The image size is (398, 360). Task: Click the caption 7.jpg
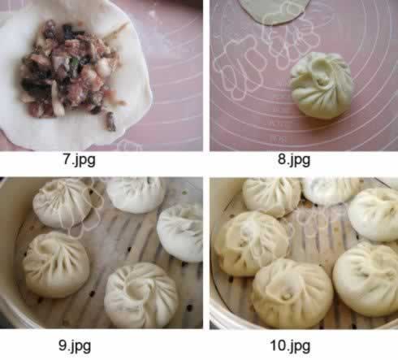tap(79, 160)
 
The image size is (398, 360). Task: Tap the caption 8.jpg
tap(294, 159)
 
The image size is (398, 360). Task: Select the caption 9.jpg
tap(75, 346)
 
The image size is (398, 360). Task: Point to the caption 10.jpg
tap(290, 346)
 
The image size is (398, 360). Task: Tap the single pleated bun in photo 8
tap(322, 85)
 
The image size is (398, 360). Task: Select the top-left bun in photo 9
tap(63, 202)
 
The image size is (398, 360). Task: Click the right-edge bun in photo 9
tap(180, 233)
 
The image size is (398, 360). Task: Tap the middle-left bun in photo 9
tap(56, 264)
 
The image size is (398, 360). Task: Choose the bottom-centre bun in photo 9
tap(141, 295)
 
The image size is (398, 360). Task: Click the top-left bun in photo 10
tap(270, 196)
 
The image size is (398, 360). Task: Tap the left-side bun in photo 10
tap(251, 244)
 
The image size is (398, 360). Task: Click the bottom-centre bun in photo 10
tap(292, 293)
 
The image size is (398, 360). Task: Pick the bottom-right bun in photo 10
tap(366, 279)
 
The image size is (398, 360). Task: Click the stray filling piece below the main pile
tap(111, 122)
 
